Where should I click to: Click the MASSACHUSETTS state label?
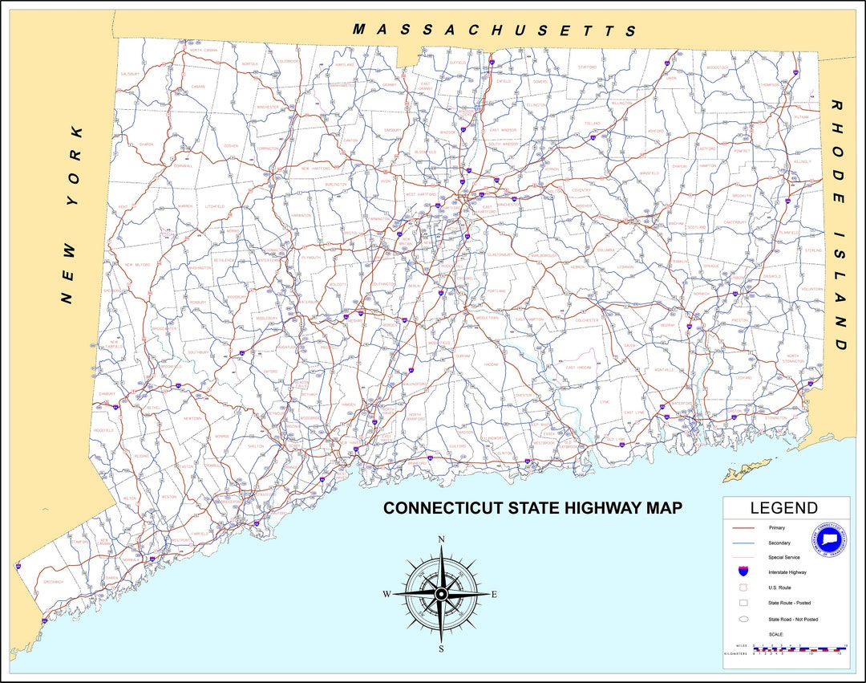click(x=495, y=30)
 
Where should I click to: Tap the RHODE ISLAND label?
click(x=839, y=226)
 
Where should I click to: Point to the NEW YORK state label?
click(x=71, y=215)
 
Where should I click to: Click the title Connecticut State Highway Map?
click(x=532, y=508)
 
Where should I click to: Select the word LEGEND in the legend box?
click(x=783, y=508)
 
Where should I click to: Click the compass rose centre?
click(x=440, y=593)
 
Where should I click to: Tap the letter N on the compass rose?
click(x=440, y=540)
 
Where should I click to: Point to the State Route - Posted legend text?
click(x=792, y=603)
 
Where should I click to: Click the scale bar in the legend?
click(x=799, y=648)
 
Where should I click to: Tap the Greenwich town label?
click(x=54, y=581)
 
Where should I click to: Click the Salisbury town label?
click(x=130, y=73)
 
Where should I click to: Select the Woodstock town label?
click(x=718, y=67)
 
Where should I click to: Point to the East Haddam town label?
click(x=577, y=367)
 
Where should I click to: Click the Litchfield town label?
click(x=215, y=206)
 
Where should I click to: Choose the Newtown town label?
click(x=193, y=418)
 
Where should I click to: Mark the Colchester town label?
click(x=586, y=320)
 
